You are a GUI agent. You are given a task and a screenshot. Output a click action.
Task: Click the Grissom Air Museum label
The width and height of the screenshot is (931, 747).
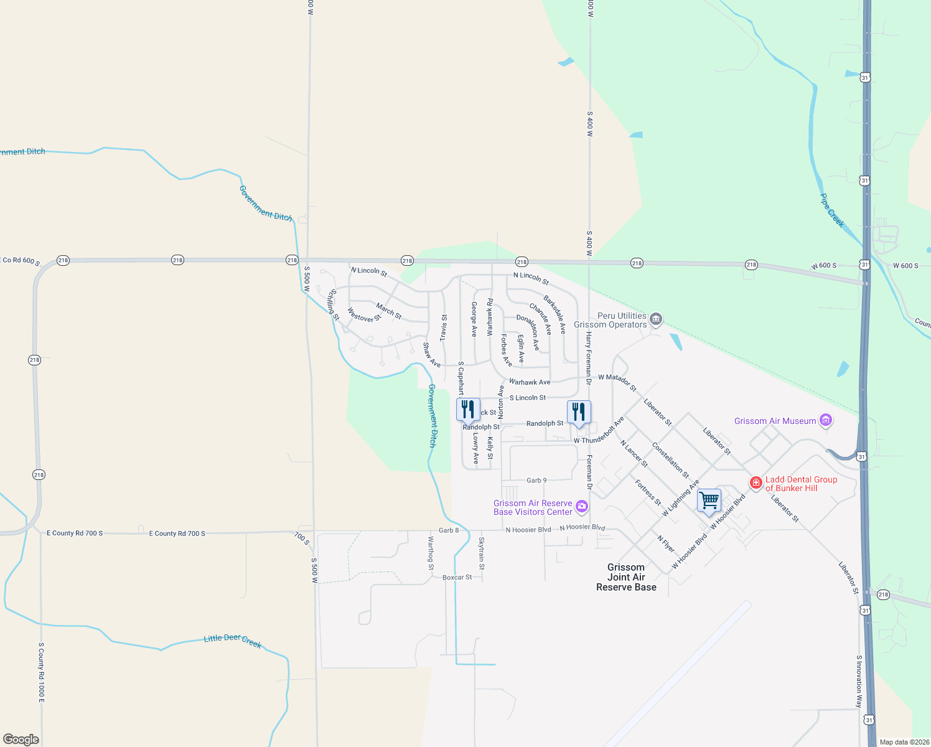click(775, 421)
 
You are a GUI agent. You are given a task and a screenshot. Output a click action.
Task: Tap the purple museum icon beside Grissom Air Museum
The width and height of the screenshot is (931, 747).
click(826, 421)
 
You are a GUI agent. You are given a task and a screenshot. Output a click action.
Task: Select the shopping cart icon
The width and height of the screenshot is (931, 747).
click(709, 500)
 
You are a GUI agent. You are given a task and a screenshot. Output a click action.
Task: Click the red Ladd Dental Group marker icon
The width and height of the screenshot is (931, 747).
click(756, 483)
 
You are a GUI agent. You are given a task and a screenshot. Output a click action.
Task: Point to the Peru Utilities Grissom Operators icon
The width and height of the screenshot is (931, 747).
click(655, 320)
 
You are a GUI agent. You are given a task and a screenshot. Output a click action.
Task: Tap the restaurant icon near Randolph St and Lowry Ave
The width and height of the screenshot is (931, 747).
click(468, 410)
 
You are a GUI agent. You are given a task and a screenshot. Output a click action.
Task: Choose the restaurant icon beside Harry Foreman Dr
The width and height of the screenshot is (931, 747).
click(579, 411)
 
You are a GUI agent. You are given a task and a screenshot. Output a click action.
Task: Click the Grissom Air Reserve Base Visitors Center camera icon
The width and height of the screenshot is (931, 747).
click(582, 506)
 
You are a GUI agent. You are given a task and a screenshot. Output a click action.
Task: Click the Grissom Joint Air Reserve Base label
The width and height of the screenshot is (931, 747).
click(626, 577)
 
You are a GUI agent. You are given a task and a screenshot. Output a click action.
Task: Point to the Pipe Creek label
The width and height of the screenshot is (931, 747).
click(831, 210)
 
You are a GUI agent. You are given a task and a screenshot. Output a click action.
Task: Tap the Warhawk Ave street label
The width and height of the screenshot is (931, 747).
click(530, 382)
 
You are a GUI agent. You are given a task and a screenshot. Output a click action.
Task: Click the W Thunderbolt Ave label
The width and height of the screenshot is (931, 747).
click(599, 431)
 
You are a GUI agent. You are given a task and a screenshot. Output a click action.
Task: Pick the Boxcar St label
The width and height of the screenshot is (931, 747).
click(457, 578)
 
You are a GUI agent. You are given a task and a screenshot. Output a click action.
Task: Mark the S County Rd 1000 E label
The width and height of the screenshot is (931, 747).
click(42, 673)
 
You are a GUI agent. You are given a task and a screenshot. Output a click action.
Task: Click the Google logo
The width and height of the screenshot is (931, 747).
click(21, 739)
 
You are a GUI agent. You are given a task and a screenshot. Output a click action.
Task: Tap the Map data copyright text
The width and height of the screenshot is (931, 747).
click(904, 742)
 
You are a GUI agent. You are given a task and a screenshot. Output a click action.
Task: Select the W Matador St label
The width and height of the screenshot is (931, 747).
click(617, 382)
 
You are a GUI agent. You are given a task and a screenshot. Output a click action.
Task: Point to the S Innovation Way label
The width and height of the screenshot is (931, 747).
click(859, 681)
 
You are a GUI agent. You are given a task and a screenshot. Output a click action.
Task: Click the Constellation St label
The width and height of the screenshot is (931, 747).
click(670, 460)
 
